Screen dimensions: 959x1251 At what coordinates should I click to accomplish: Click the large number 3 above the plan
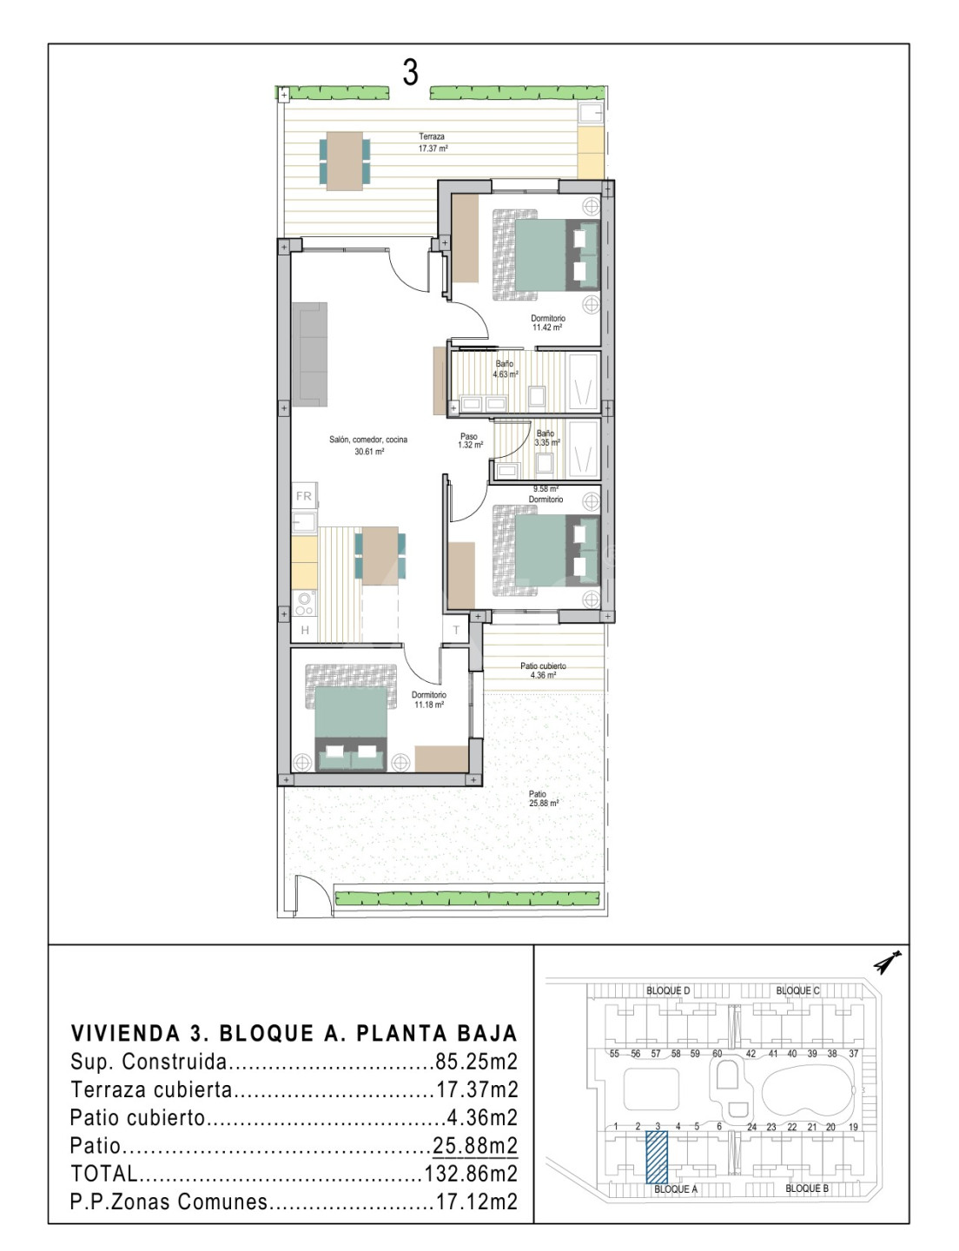point(410,72)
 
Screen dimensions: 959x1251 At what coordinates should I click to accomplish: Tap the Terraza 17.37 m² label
point(432,142)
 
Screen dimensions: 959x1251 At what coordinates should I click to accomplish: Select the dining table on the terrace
point(345,162)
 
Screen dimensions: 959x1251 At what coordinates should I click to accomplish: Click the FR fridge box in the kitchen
point(304,496)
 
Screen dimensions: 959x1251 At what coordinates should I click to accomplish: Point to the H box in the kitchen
point(305,630)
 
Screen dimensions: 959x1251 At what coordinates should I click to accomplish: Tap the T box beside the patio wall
point(456,630)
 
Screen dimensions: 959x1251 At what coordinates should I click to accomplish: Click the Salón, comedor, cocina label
point(368,445)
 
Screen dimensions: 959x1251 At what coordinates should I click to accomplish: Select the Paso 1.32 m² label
point(470,440)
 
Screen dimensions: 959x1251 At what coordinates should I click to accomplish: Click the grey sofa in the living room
point(310,354)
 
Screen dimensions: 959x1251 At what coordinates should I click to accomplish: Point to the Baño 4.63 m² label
point(505,368)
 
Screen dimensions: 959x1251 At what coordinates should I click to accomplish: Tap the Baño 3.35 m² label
point(546,438)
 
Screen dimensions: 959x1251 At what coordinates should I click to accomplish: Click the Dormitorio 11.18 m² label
point(428,699)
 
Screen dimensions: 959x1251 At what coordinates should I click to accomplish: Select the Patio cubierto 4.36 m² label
point(543,670)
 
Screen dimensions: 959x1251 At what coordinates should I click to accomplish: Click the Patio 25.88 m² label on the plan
point(544,798)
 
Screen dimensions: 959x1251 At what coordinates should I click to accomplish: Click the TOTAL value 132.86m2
point(471,1173)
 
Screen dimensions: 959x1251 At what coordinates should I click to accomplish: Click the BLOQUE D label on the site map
point(668,990)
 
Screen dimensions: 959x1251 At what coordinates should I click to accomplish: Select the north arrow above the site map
point(887,962)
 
